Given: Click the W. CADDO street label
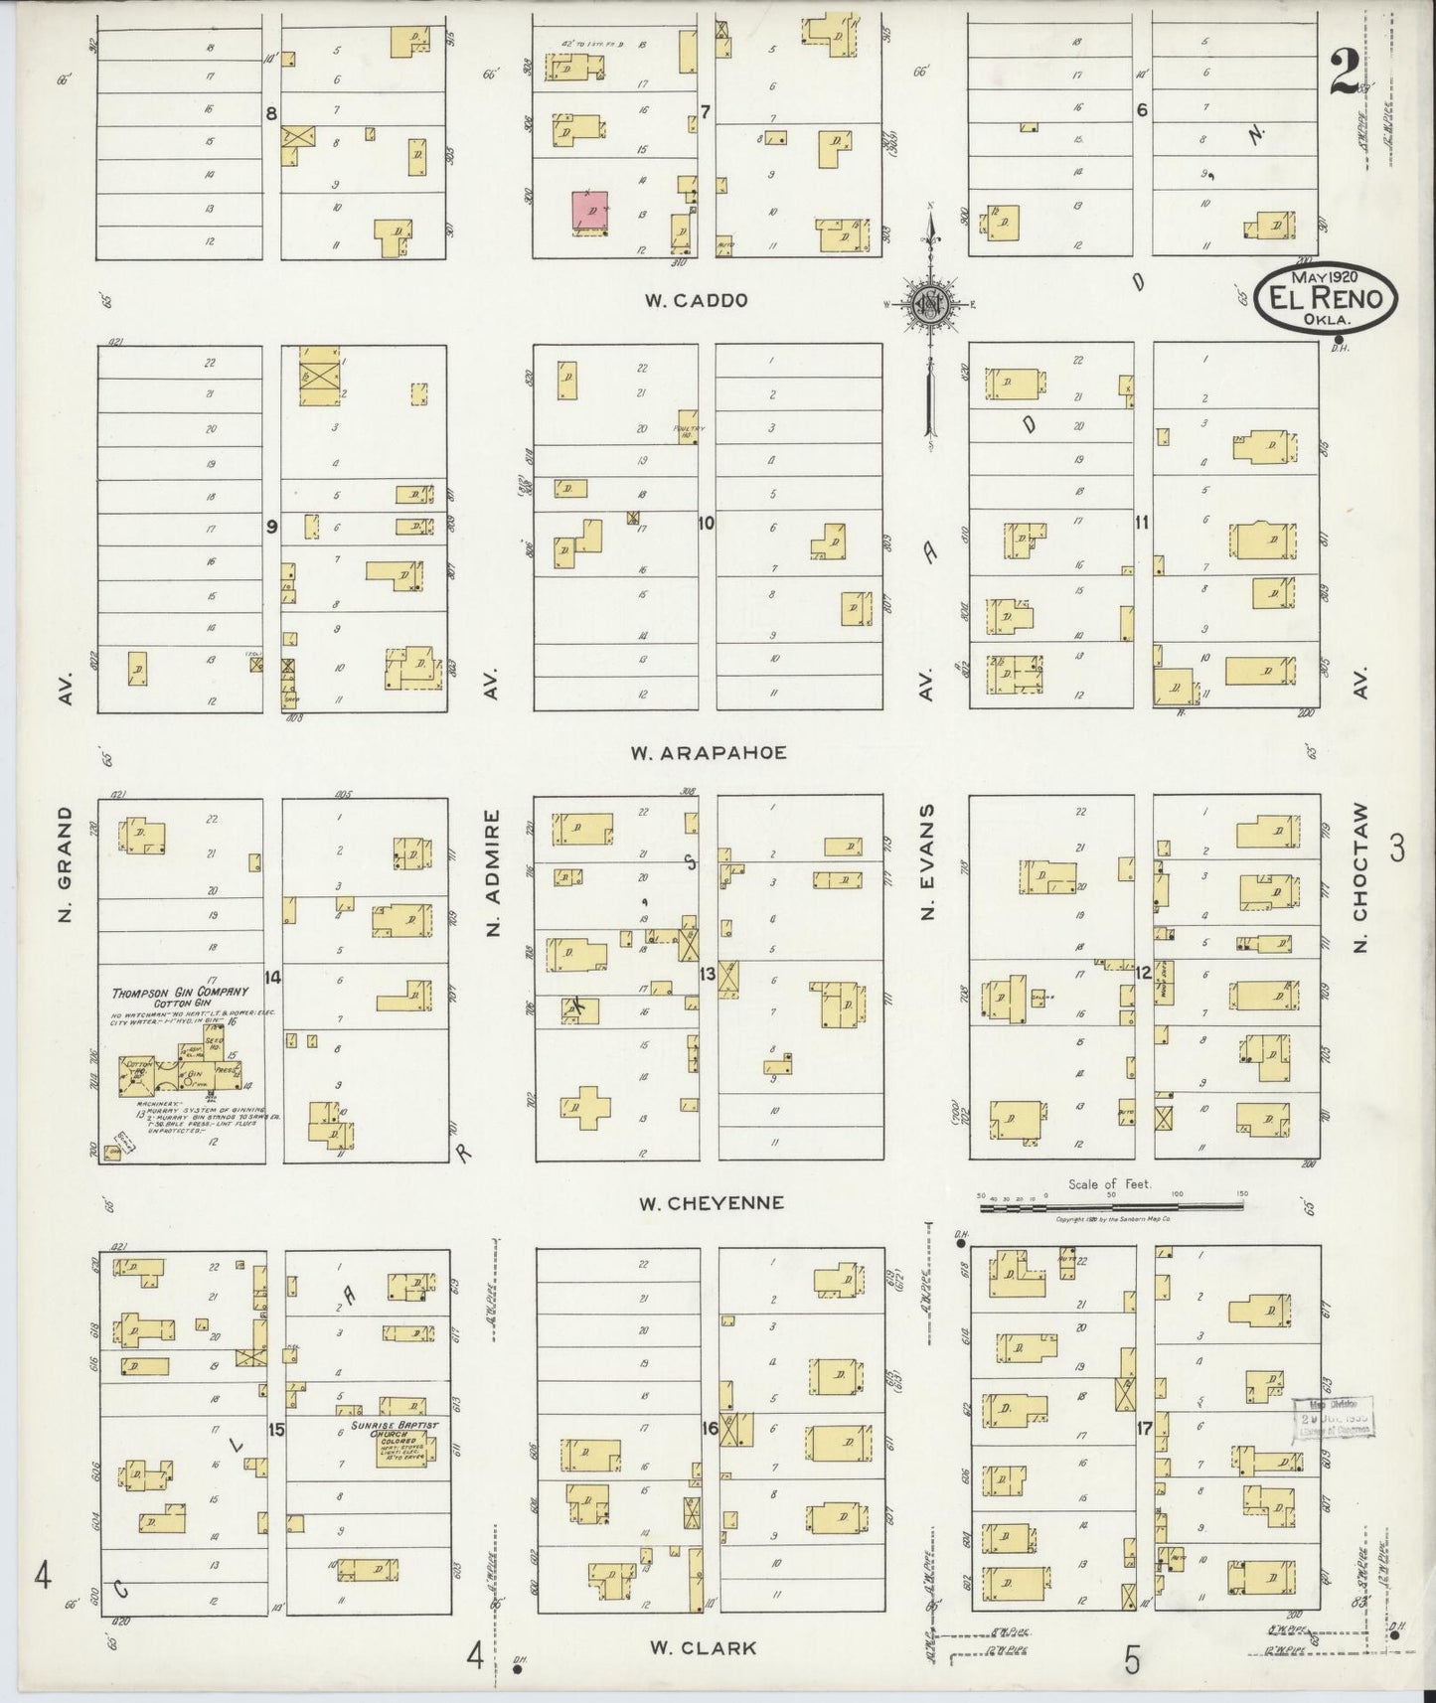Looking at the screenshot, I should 695,300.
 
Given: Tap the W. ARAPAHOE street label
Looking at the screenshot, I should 708,752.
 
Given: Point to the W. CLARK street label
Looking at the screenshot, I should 703,1647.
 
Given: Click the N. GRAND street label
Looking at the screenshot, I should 66,862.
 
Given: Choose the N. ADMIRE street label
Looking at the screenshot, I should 491,873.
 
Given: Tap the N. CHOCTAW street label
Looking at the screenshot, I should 1362,877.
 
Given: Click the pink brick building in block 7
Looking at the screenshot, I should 590,213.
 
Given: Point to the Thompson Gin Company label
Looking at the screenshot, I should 181,997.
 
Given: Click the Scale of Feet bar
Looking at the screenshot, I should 1111,1206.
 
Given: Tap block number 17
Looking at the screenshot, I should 1144,1429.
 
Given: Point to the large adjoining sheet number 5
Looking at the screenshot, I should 1131,1659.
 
